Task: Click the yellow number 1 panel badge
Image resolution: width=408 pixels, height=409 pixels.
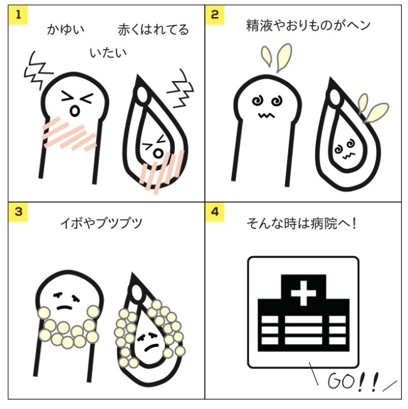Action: coord(18,15)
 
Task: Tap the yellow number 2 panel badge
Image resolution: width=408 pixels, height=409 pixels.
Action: coord(215,15)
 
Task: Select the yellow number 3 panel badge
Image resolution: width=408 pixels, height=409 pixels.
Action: coord(18,212)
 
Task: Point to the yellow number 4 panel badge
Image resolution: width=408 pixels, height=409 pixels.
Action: coord(215,212)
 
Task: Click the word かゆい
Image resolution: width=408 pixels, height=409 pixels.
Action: coord(66,29)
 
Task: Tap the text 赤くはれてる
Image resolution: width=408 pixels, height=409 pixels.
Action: coord(153,29)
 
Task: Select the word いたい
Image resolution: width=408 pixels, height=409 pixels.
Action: coord(108,53)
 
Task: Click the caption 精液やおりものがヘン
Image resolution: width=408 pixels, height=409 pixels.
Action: coord(308,25)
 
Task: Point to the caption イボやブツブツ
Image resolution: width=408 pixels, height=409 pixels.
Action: coord(102,223)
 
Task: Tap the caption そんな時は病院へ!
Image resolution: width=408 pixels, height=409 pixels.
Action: coord(301,223)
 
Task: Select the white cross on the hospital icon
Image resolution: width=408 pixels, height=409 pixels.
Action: coord(303,293)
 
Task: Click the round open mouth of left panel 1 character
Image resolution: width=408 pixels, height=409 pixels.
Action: coord(74,110)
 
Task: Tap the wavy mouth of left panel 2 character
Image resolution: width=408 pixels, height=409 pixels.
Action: coord(266,115)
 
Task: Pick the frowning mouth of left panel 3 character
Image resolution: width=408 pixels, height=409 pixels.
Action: coord(65,307)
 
